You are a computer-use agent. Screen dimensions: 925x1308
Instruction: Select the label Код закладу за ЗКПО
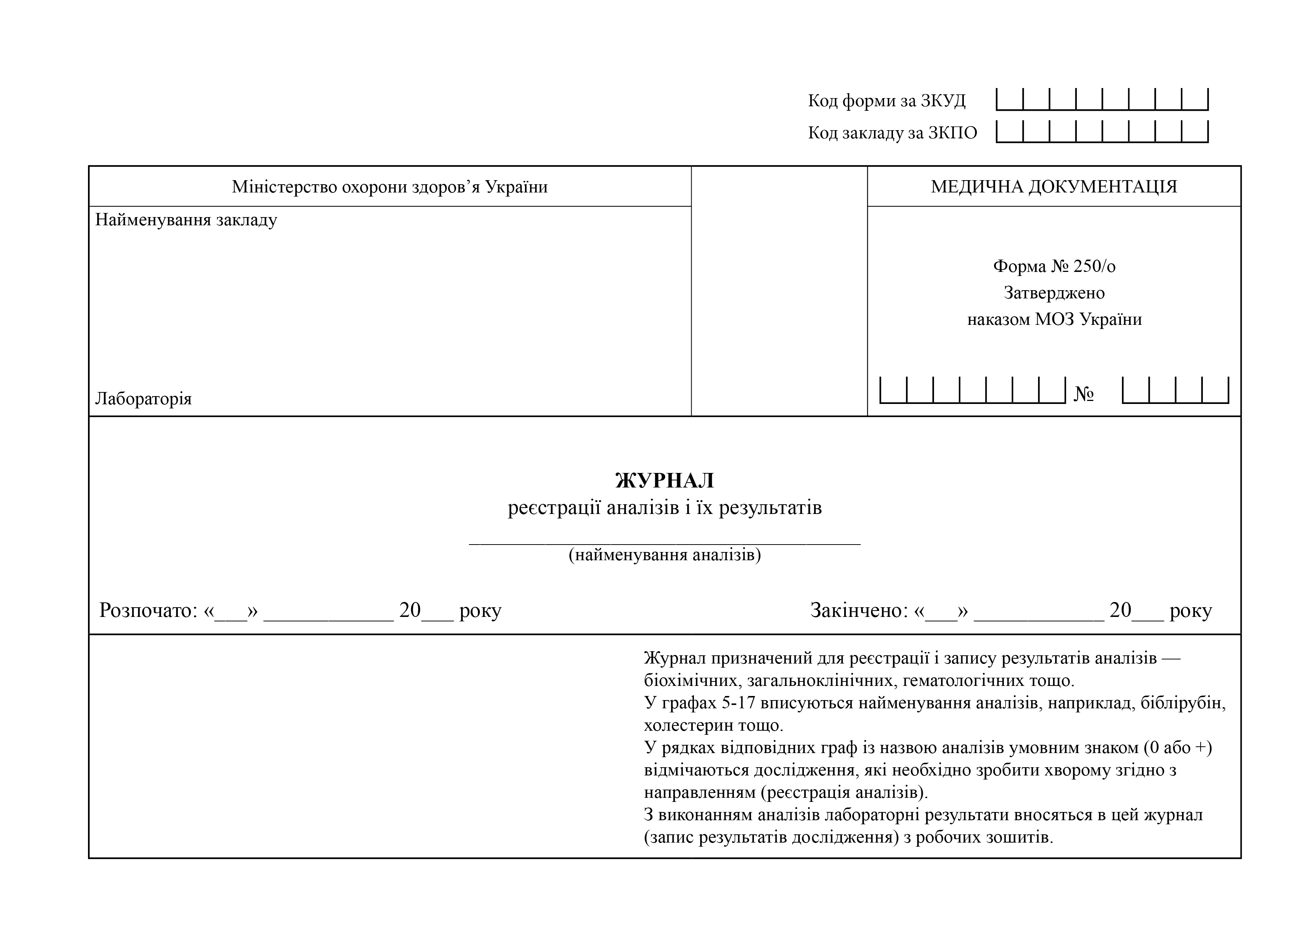coord(892,133)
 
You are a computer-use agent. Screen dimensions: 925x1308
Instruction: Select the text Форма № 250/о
coord(1054,266)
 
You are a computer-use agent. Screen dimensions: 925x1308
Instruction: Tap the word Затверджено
coord(1054,293)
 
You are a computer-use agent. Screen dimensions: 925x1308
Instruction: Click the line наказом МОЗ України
coord(1054,319)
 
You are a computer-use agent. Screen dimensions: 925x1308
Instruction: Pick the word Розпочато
coord(148,611)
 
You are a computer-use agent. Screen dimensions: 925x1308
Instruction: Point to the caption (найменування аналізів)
coord(664,555)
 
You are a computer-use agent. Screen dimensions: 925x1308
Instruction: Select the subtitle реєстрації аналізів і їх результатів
coord(664,507)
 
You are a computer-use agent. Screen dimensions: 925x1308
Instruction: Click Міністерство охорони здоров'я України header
coord(390,187)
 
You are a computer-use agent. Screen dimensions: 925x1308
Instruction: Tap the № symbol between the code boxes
coord(1084,394)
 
